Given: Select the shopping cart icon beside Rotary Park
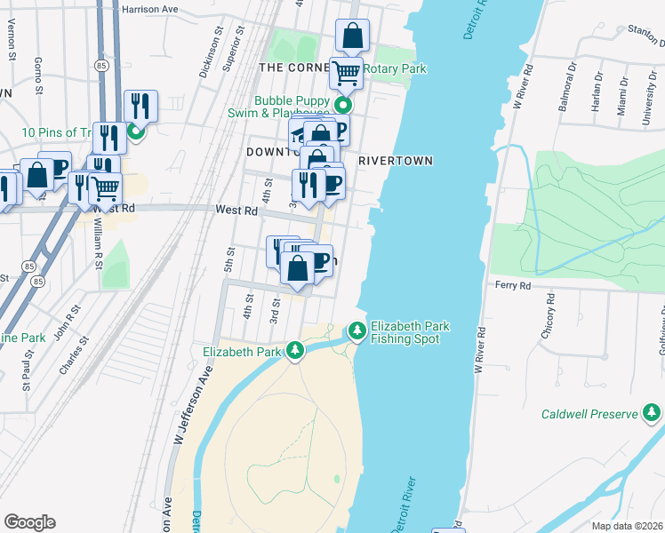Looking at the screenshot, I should point(346,73).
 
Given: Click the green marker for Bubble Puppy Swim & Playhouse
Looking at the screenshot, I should point(341,106).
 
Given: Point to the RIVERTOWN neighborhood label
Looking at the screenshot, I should point(396,161).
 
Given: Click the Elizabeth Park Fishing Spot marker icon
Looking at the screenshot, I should point(357,330).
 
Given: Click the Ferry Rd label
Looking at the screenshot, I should point(512,286).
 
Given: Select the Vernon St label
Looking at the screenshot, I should point(13,44).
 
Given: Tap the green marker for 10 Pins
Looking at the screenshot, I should point(136,133).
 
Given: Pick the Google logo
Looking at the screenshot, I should point(29,521).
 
